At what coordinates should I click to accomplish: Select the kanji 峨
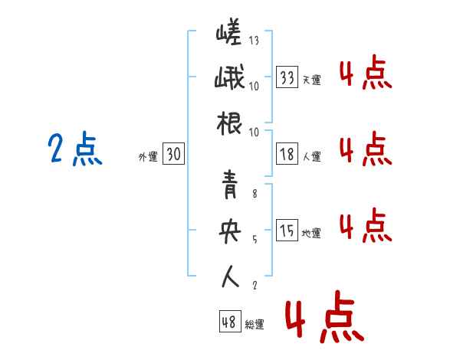229,77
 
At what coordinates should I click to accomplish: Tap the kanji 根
229,123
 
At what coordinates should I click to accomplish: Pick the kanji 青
230,185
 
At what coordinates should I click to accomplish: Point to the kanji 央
230,231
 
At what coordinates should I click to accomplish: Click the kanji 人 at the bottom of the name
230,277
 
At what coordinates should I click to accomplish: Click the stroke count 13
254,41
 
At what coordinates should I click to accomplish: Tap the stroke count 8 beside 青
255,194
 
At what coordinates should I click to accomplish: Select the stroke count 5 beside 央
255,240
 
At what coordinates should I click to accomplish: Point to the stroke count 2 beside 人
255,285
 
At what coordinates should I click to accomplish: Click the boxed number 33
287,77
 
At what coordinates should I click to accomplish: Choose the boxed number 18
287,154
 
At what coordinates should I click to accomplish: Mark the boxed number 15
287,230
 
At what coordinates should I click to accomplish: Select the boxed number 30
174,154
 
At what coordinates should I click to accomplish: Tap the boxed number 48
230,322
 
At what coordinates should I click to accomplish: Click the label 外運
148,157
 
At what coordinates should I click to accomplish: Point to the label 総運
255,325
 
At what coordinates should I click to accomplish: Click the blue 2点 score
75,149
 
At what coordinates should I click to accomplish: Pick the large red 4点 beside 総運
324,316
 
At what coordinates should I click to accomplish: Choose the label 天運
312,80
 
